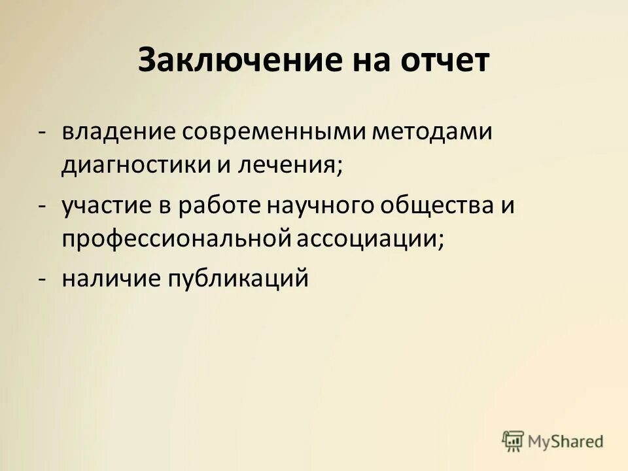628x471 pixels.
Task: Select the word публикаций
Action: [238, 279]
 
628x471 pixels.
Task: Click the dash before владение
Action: [42, 131]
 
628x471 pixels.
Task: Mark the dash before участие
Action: [42, 205]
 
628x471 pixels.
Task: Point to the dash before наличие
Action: [42, 280]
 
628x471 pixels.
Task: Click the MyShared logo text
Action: [565, 441]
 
